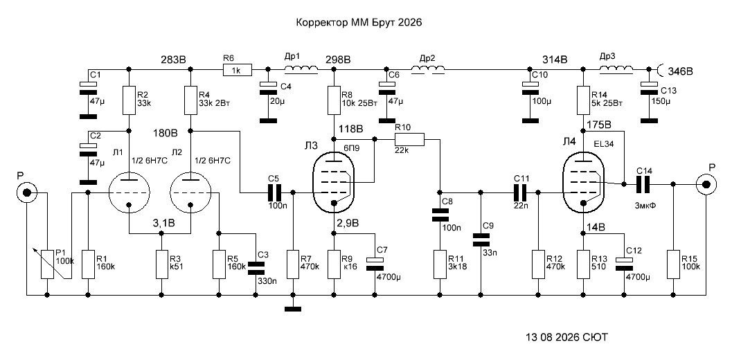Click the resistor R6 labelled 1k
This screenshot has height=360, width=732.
238,70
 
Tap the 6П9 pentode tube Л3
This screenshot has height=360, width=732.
333,183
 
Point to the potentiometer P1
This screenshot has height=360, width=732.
46,264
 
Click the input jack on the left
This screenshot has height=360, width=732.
26,192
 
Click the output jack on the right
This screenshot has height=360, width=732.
705,184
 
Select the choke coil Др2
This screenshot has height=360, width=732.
427,69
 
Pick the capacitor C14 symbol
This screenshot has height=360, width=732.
643,184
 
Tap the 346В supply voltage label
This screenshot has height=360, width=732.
679,71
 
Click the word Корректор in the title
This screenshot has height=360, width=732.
321,22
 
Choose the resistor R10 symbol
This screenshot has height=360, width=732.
409,139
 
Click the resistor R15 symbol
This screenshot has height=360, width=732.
672,264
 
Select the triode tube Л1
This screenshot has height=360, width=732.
129,192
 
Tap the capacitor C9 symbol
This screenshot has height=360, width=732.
481,240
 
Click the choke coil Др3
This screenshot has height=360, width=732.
616,69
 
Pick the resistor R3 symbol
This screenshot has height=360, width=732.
161,264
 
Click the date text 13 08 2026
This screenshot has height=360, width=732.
552,336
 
